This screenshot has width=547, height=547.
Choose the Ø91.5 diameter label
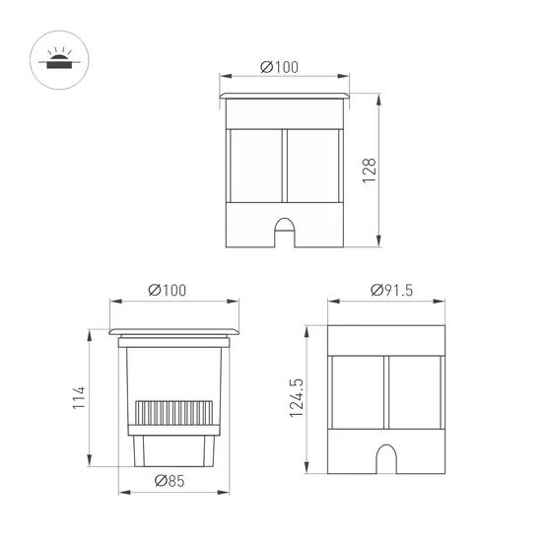(391, 290)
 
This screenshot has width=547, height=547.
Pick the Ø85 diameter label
(172, 481)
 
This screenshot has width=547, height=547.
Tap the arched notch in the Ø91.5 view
(388, 459)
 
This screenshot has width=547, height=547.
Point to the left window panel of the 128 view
(255, 165)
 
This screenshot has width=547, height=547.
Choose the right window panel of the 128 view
(312, 165)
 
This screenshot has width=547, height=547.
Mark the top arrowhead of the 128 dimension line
(380, 97)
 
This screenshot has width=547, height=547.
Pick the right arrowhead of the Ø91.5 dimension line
(447, 302)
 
